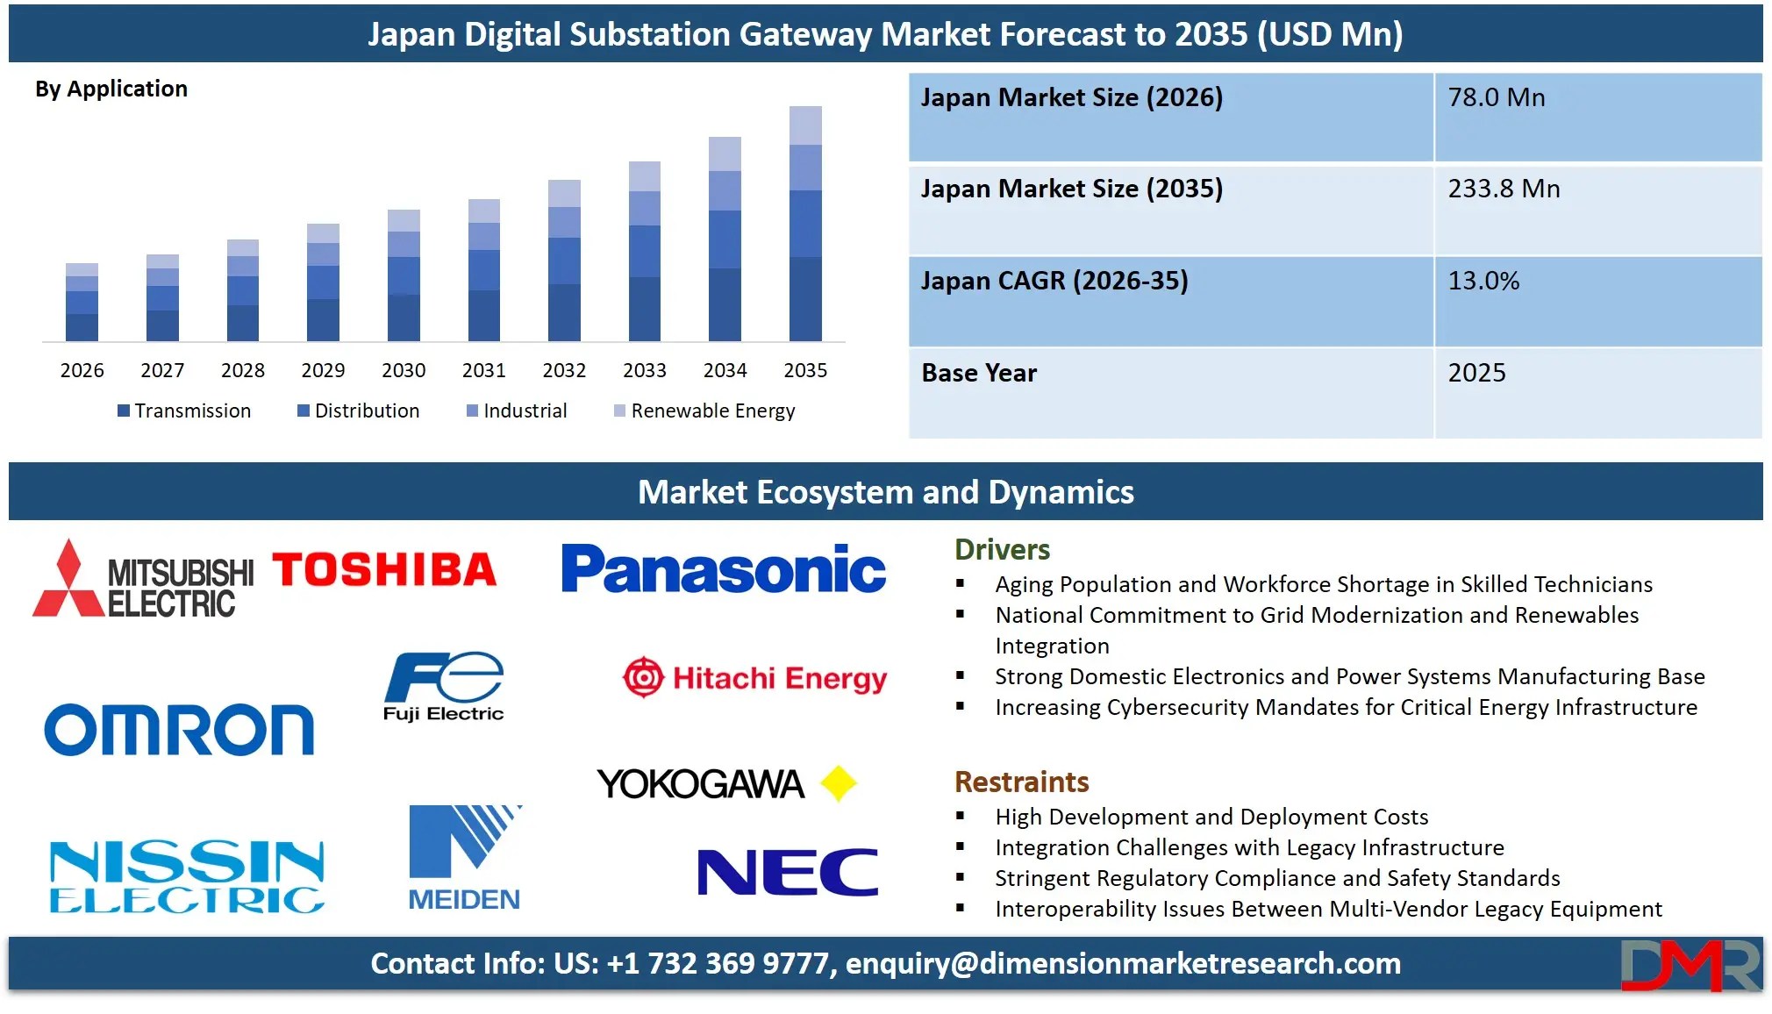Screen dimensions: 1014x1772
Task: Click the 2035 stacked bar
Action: (x=805, y=224)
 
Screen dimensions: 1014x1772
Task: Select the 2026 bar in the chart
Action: (x=82, y=302)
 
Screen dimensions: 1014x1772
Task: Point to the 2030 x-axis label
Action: (x=404, y=370)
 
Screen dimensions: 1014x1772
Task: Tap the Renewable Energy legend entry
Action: (x=704, y=411)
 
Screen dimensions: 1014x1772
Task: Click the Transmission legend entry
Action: (x=184, y=411)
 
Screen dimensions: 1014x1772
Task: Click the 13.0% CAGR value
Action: (x=1483, y=281)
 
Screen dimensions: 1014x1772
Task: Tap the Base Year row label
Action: (x=979, y=373)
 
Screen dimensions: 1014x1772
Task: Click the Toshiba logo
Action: (x=384, y=570)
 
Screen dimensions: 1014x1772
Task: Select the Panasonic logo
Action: (x=724, y=569)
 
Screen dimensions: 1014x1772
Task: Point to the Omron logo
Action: (x=179, y=729)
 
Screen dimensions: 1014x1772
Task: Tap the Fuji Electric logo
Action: (x=444, y=687)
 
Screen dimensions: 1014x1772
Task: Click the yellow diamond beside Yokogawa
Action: (x=839, y=783)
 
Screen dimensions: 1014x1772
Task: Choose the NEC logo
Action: (x=787, y=872)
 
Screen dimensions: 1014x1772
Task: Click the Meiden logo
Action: (x=464, y=858)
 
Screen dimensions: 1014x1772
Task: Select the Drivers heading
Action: (x=1002, y=550)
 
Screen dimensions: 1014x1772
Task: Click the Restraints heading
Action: (x=1021, y=782)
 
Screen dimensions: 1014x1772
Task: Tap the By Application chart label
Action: (x=111, y=89)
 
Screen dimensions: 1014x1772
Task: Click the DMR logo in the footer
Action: (x=1690, y=966)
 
